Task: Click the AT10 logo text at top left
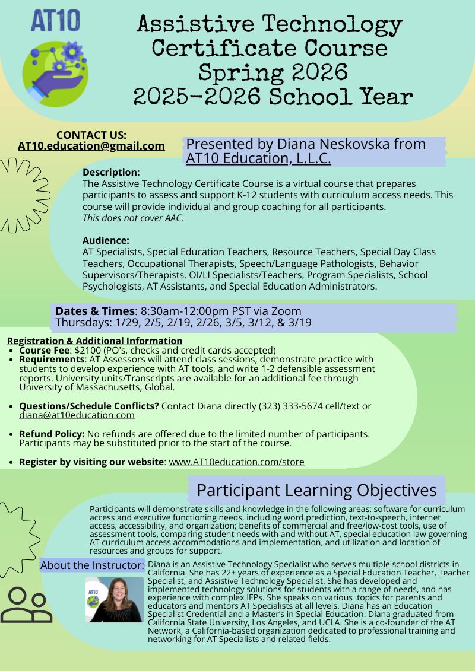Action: [x=55, y=21]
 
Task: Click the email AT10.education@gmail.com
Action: [x=91, y=146]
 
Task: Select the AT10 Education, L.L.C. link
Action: [x=258, y=158]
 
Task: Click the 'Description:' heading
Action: [x=111, y=173]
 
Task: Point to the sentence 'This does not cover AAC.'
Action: [x=133, y=218]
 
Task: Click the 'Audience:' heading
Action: [x=106, y=240]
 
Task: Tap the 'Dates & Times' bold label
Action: [x=95, y=311]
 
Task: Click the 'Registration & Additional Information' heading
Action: [x=95, y=341]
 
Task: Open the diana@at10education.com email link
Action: [x=77, y=415]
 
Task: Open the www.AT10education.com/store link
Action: [x=236, y=462]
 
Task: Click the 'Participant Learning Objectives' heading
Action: [x=316, y=491]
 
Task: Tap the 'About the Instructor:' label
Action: [x=92, y=565]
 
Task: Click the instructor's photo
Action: [x=115, y=599]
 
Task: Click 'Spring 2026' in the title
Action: [x=272, y=72]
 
